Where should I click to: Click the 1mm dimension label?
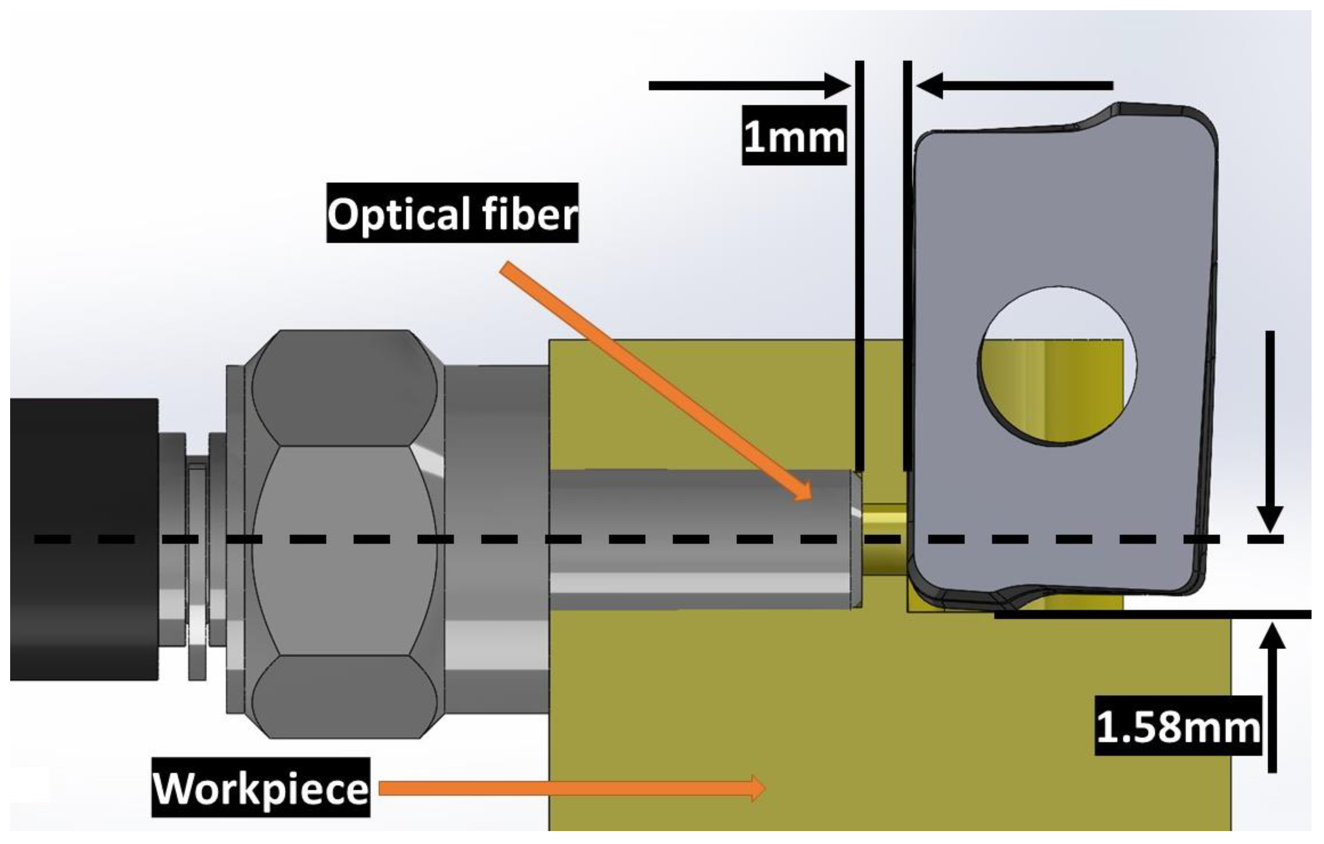[x=793, y=136]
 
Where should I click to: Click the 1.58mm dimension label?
[x=1177, y=727]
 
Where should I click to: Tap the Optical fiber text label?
[x=452, y=214]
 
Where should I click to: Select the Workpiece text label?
[x=261, y=788]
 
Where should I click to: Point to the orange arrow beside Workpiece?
[x=572, y=788]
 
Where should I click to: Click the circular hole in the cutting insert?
[x=1057, y=366]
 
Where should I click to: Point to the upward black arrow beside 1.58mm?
[x=1272, y=698]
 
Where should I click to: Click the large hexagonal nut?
[x=345, y=533]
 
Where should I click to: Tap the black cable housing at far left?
[x=83, y=539]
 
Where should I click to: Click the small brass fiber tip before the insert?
[x=883, y=539]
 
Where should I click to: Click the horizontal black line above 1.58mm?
[x=1155, y=615]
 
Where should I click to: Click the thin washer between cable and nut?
[x=197, y=572]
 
